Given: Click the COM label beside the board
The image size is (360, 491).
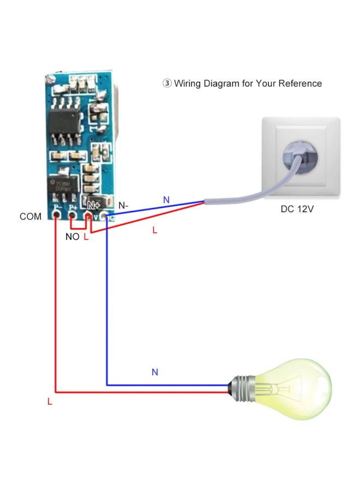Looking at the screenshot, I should (31, 217).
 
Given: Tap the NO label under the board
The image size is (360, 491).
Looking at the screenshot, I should (72, 237).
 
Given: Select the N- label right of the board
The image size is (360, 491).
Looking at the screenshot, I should (123, 206).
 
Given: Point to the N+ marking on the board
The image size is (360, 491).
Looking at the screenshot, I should (94, 206).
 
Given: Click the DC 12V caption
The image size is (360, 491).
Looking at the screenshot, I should (298, 209).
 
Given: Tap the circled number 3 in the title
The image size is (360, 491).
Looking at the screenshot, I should (167, 83).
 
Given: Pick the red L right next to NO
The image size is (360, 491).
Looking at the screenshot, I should (86, 237).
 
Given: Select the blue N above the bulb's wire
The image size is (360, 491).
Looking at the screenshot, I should (155, 372).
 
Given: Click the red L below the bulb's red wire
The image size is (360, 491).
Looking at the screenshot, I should (50, 402).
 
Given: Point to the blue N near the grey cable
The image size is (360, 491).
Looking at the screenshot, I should (166, 200).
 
